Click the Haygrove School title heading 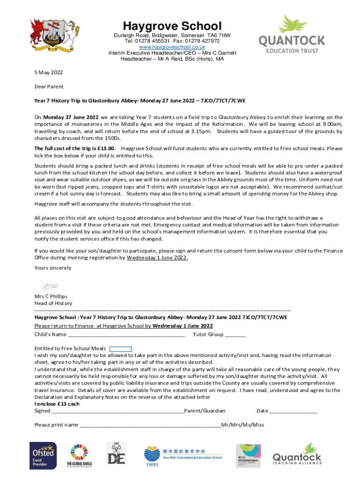click(x=172, y=26)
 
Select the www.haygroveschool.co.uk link click(x=172, y=47)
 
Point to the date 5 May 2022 click(x=49, y=73)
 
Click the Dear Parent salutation click(x=49, y=87)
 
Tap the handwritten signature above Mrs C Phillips click(x=50, y=285)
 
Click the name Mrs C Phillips click(x=51, y=296)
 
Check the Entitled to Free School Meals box click(x=121, y=348)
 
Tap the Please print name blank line click(x=150, y=426)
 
